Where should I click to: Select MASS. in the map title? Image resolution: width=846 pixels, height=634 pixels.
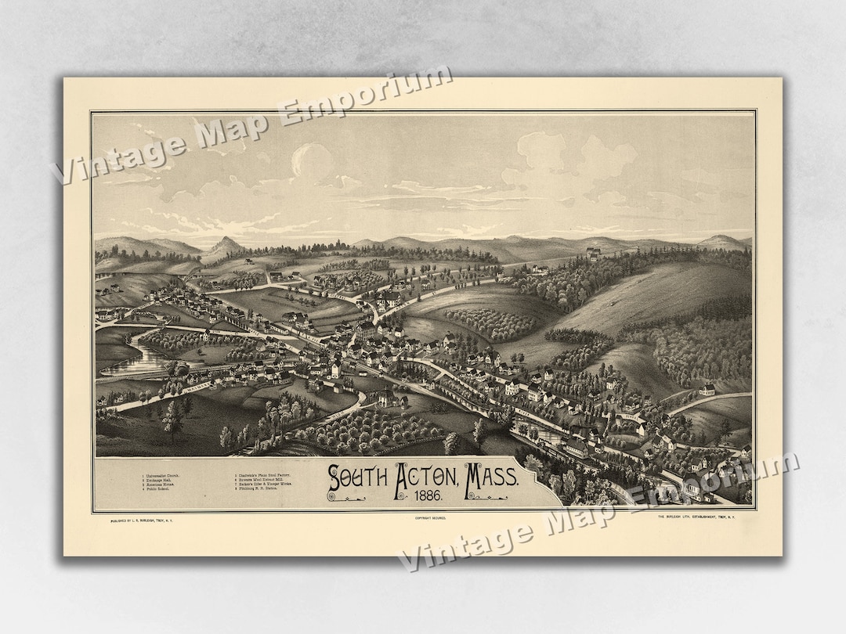(491, 477)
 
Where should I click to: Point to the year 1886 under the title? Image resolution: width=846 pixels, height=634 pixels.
(423, 496)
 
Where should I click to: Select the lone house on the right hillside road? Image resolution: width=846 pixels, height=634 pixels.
(707, 389)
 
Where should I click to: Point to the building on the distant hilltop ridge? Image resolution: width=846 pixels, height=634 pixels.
(593, 253)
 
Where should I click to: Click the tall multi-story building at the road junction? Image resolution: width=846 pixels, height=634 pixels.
(366, 330)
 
